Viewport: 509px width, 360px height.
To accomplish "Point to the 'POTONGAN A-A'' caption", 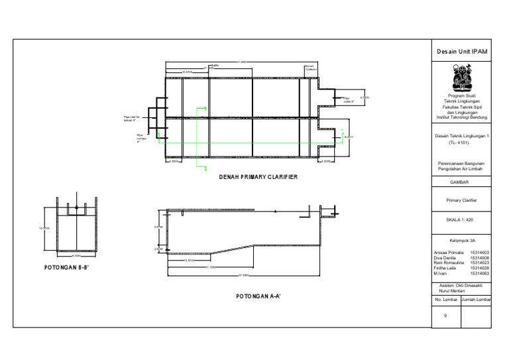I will click(258, 296).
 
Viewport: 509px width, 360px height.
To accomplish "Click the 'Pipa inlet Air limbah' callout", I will click(133, 119).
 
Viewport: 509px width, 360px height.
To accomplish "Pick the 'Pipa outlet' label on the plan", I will click(350, 100).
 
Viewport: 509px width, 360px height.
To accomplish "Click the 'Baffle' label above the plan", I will click(215, 66).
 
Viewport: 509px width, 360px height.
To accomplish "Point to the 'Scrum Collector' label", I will click(311, 68).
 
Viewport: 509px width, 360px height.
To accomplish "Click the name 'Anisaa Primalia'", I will click(448, 253).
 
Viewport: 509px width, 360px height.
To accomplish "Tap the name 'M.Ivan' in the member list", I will click(441, 273).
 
